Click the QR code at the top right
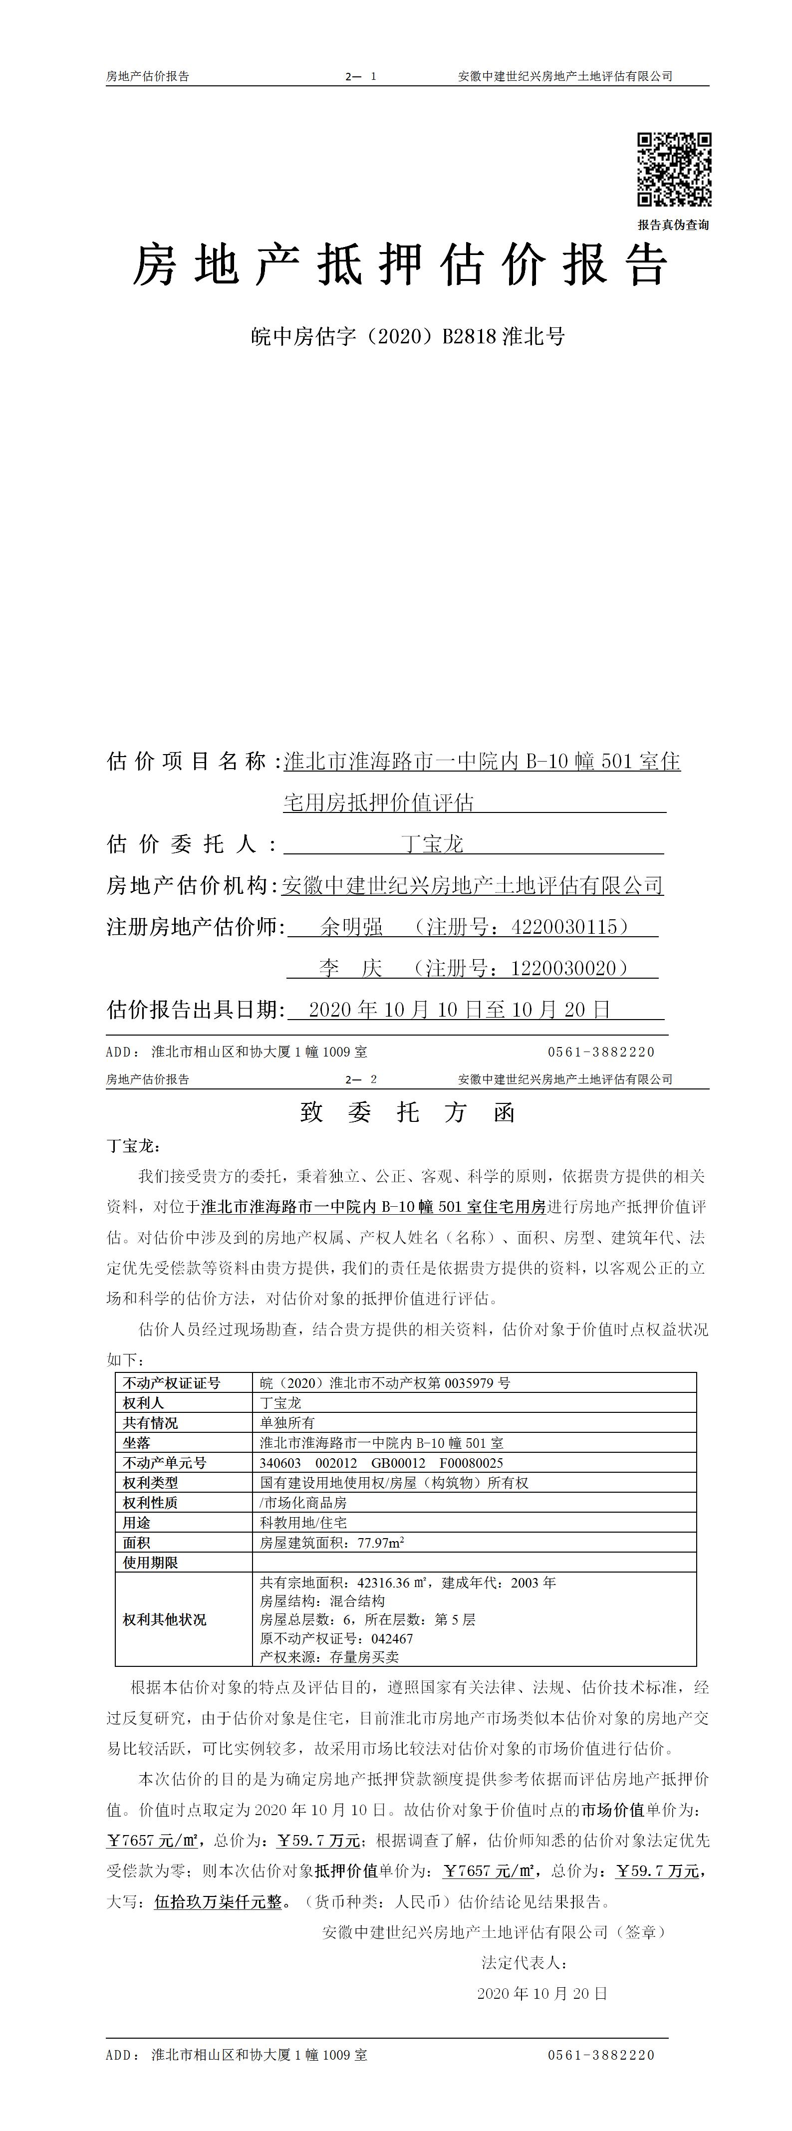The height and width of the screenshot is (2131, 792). point(674,169)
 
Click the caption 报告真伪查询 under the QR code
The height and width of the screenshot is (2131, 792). point(673,224)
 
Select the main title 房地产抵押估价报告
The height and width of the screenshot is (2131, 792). point(401,266)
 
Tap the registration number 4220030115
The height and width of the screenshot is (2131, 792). point(564,927)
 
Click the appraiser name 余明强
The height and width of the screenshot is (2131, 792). point(352,927)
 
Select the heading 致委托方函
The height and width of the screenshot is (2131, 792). point(407,1112)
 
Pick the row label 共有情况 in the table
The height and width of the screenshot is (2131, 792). point(151,1423)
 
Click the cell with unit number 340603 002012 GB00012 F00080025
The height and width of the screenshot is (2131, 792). point(381,1463)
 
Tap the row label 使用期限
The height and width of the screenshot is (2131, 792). point(151,1563)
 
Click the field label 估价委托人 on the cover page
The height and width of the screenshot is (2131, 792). point(190,844)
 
